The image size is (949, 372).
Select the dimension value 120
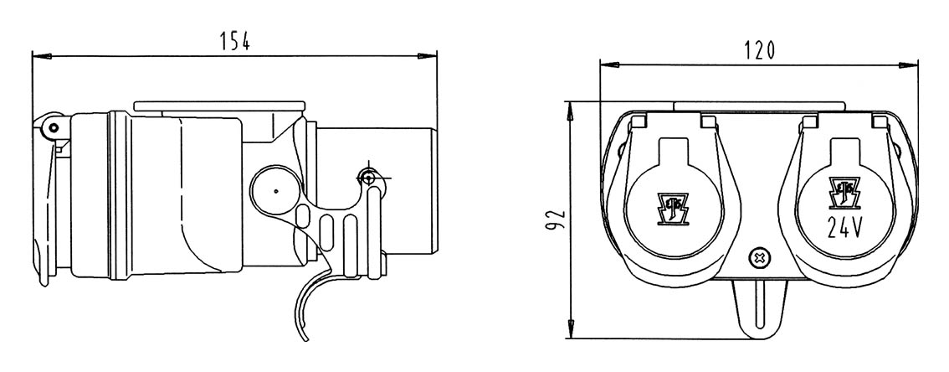[758, 50]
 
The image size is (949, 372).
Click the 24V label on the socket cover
[844, 226]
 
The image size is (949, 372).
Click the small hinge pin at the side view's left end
[51, 128]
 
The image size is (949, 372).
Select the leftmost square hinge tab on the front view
[640, 122]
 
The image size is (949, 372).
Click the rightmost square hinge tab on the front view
[878, 122]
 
